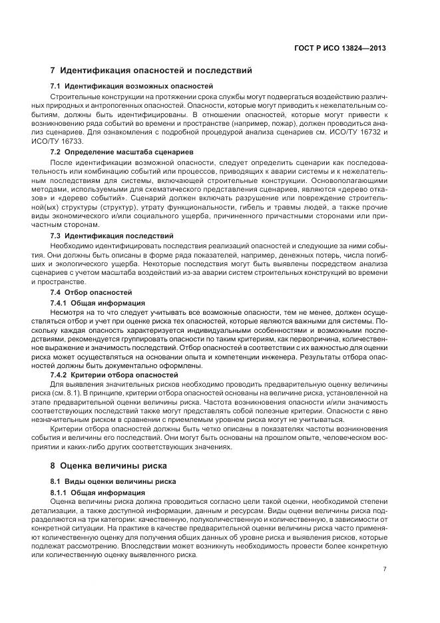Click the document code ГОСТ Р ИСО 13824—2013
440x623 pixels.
pyautogui.click(x=339, y=48)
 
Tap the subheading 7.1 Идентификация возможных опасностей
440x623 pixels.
pyautogui.click(x=132, y=86)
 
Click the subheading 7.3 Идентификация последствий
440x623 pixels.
pyautogui.click(x=112, y=236)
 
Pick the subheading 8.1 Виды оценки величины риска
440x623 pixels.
pyautogui.click(x=114, y=480)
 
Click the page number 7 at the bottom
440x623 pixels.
pyautogui.click(x=385, y=569)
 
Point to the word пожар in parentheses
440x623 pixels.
pyautogui.click(x=284, y=124)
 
